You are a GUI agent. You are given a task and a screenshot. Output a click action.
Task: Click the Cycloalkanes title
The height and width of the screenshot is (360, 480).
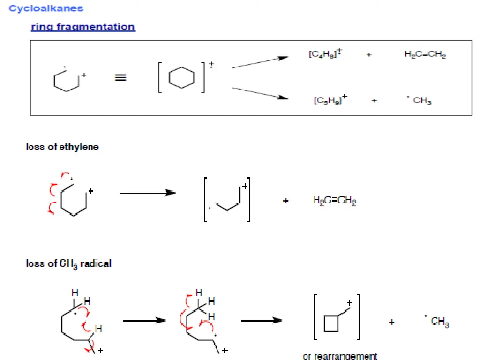tap(46, 8)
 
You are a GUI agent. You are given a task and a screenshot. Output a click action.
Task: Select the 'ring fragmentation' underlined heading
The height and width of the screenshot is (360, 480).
tap(83, 27)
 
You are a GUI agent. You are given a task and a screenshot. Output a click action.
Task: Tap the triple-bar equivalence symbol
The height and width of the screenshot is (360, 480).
tap(120, 78)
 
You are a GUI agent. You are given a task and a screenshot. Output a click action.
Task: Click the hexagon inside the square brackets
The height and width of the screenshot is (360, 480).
tap(181, 77)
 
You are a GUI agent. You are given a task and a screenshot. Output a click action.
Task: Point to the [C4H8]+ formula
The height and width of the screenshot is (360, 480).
tap(325, 54)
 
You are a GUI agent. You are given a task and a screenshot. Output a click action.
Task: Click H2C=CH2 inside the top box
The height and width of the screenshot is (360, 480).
tap(425, 54)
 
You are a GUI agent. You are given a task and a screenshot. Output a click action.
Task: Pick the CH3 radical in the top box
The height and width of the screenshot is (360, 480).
tap(420, 101)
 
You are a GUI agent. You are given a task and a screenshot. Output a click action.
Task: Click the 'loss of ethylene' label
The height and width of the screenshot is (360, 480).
tap(62, 147)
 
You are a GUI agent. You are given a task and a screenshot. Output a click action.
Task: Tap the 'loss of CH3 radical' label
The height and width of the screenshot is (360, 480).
tap(68, 263)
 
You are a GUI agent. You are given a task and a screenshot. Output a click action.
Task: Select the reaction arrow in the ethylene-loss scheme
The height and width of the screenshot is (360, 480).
tap(147, 193)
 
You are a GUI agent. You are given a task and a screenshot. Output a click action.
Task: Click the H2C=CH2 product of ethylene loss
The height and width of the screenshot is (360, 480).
tap(334, 201)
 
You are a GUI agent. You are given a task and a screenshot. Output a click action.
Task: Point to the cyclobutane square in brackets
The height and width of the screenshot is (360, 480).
tap(331, 323)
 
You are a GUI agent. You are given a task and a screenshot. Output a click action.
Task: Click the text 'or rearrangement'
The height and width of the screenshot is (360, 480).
tap(340, 356)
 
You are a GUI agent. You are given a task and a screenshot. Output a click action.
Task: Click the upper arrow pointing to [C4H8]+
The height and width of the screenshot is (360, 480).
tap(260, 63)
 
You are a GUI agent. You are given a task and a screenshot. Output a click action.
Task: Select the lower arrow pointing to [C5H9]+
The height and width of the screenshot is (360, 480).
tap(260, 93)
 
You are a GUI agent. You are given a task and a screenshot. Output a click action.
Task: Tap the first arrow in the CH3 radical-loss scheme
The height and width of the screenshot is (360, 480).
tap(144, 321)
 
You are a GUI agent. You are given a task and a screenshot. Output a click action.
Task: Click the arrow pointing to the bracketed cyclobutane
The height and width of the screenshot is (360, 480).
tap(262, 321)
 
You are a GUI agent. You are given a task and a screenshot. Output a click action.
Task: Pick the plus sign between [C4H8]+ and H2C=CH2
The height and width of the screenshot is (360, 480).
tap(369, 55)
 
